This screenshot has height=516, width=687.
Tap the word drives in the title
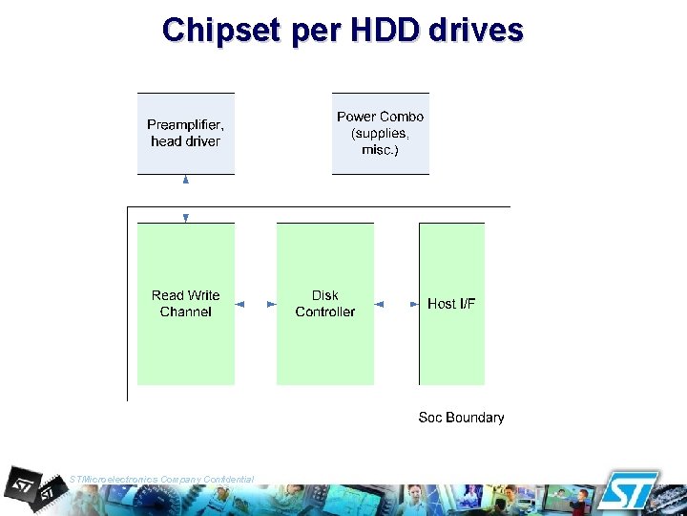pyautogui.click(x=476, y=31)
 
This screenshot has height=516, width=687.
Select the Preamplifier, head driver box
pyautogui.click(x=186, y=134)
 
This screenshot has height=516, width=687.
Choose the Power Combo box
pyautogui.click(x=381, y=134)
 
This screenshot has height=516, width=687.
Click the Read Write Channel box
pyautogui.click(x=186, y=304)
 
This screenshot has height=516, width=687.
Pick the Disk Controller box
pyautogui.click(x=325, y=304)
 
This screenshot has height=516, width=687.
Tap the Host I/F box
pyautogui.click(x=451, y=304)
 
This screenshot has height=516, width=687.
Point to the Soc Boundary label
pyautogui.click(x=461, y=418)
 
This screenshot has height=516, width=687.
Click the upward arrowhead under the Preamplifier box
pyautogui.click(x=186, y=179)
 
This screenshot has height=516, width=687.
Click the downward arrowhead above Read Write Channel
pyautogui.click(x=186, y=218)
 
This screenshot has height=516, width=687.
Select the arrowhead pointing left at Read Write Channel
pyautogui.click(x=240, y=304)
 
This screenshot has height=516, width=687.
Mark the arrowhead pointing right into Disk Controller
pyautogui.click(x=271, y=304)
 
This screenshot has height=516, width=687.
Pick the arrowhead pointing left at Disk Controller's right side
pyautogui.click(x=380, y=304)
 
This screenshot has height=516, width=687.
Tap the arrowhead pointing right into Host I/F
pyautogui.click(x=414, y=304)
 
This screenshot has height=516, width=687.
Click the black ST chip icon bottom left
pyautogui.click(x=34, y=487)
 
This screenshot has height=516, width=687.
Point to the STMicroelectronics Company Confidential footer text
pyautogui.click(x=162, y=479)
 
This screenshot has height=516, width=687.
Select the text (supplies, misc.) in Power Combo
pyautogui.click(x=381, y=142)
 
